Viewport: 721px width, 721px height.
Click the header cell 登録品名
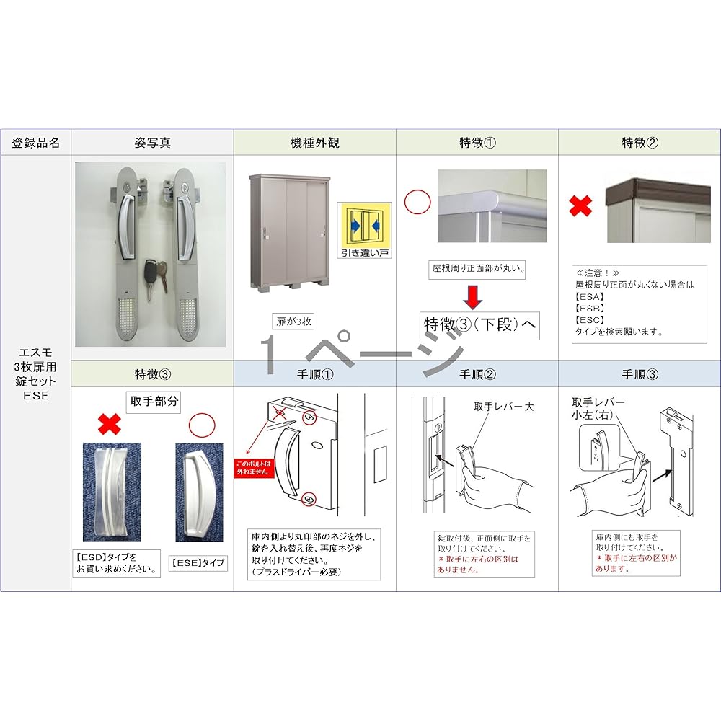pyautogui.click(x=36, y=143)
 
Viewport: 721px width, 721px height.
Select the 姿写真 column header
pyautogui.click(x=153, y=143)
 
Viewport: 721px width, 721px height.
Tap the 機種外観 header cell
pyautogui.click(x=314, y=143)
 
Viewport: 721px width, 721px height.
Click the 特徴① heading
pyautogui.click(x=477, y=143)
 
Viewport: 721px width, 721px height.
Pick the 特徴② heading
pyautogui.click(x=640, y=143)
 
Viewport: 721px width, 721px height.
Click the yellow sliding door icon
pyautogui.click(x=365, y=224)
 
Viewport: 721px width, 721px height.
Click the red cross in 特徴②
pyautogui.click(x=581, y=206)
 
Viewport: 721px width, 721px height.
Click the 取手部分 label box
pyautogui.click(x=153, y=402)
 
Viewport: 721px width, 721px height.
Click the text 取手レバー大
pyautogui.click(x=504, y=407)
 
